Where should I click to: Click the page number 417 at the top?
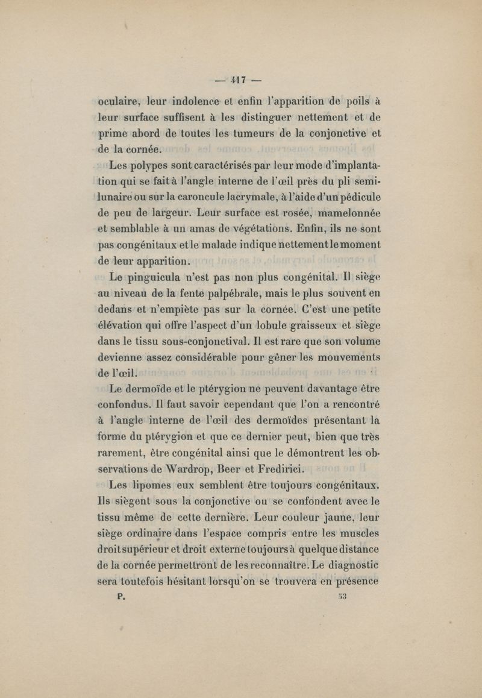(241, 78)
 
